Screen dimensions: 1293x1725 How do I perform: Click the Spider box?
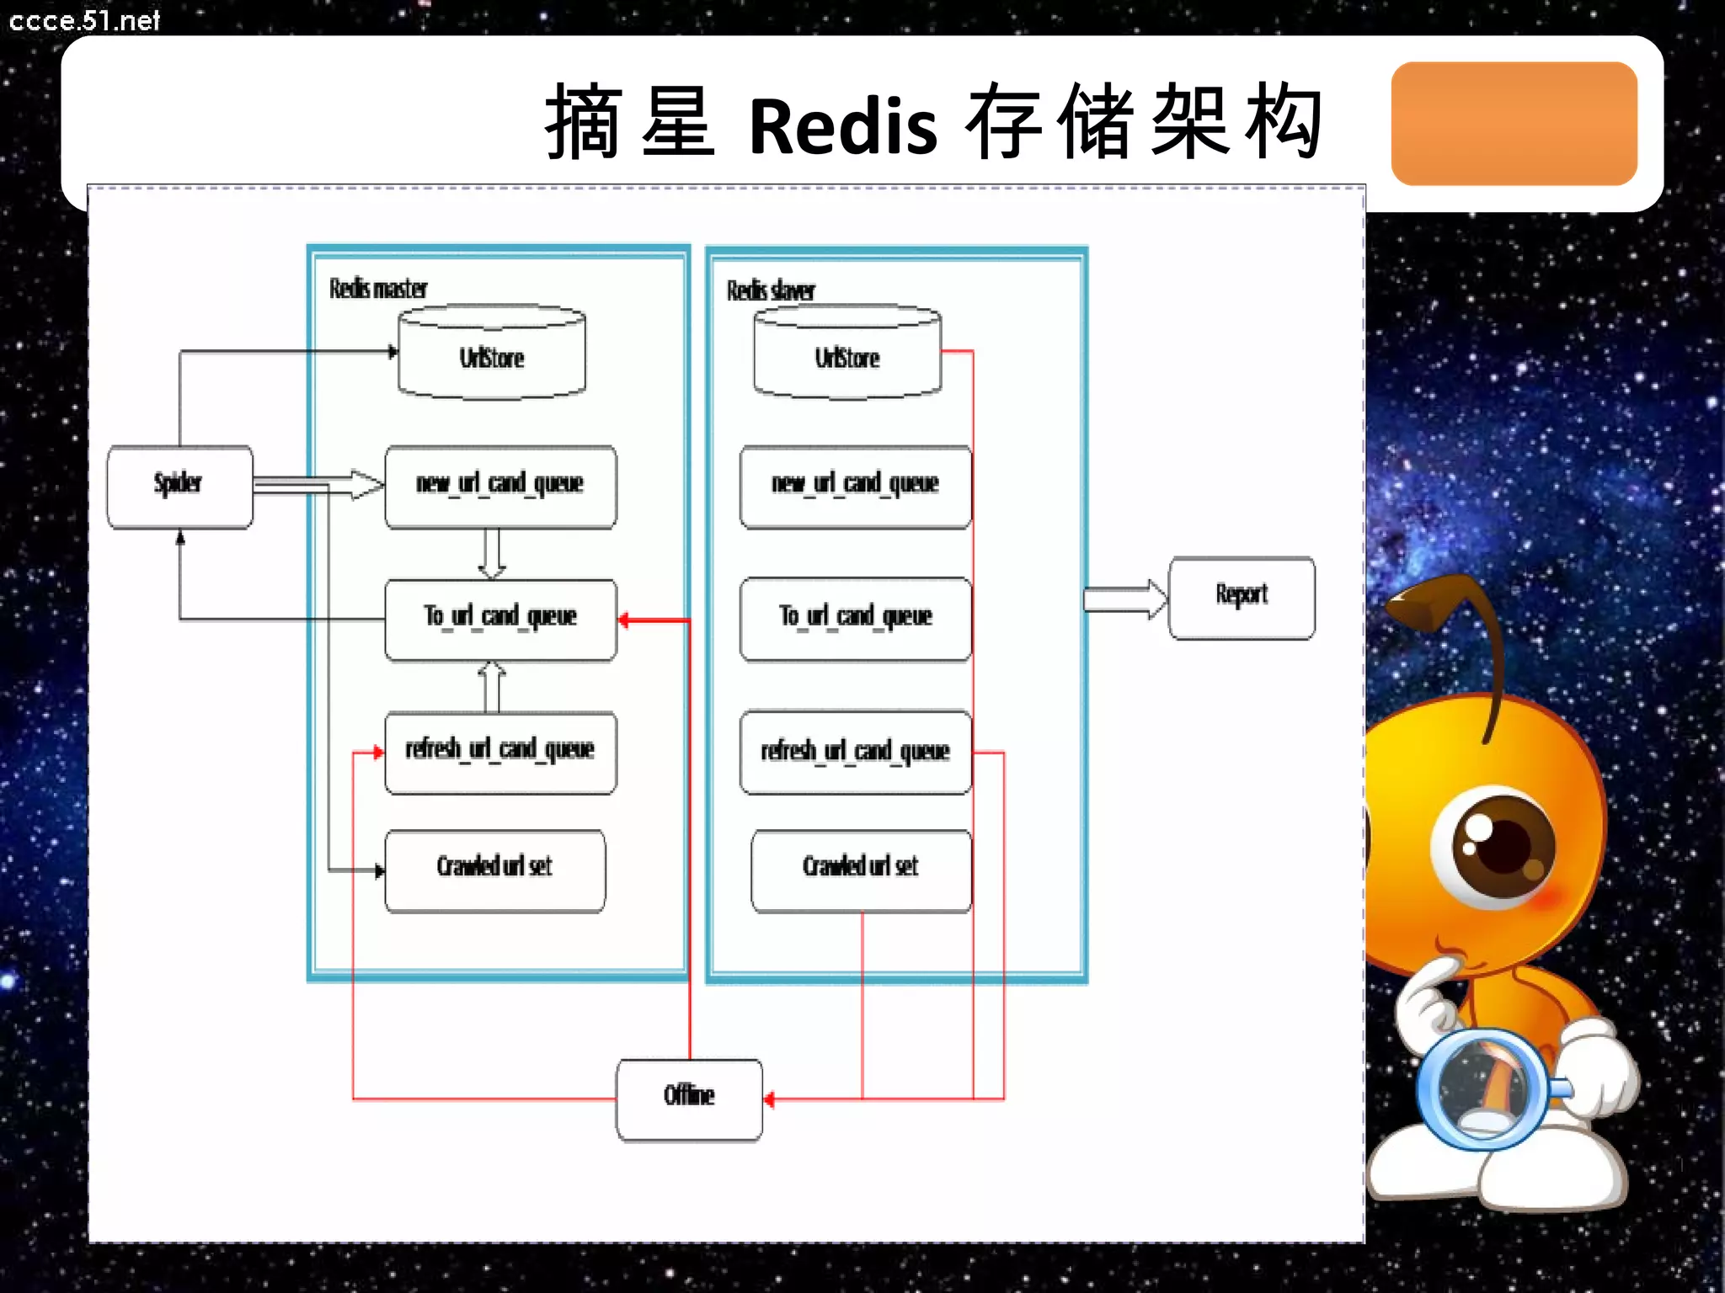[x=179, y=487]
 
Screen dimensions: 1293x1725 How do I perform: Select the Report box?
[x=1242, y=598]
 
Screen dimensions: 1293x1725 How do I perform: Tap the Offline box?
[x=689, y=1099]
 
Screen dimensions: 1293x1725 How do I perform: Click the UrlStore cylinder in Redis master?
[x=492, y=354]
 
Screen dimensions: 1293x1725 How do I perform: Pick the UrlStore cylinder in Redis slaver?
[x=847, y=354]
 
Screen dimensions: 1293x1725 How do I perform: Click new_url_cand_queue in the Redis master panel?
[x=500, y=487]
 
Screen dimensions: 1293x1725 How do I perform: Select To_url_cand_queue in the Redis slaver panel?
[x=856, y=619]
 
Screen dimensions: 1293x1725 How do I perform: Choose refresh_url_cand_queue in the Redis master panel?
[x=500, y=752]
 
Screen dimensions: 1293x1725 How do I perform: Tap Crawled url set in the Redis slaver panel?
[x=861, y=870]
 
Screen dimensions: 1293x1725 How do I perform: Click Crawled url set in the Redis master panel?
[x=495, y=870]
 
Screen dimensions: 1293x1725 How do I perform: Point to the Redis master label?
[x=378, y=289]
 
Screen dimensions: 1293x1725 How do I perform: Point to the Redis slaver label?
[x=771, y=291]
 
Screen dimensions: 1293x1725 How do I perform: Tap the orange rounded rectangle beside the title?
[x=1514, y=123]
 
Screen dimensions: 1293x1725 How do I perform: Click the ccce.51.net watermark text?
[x=84, y=20]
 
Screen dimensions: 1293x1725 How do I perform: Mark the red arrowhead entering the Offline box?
[x=769, y=1099]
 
